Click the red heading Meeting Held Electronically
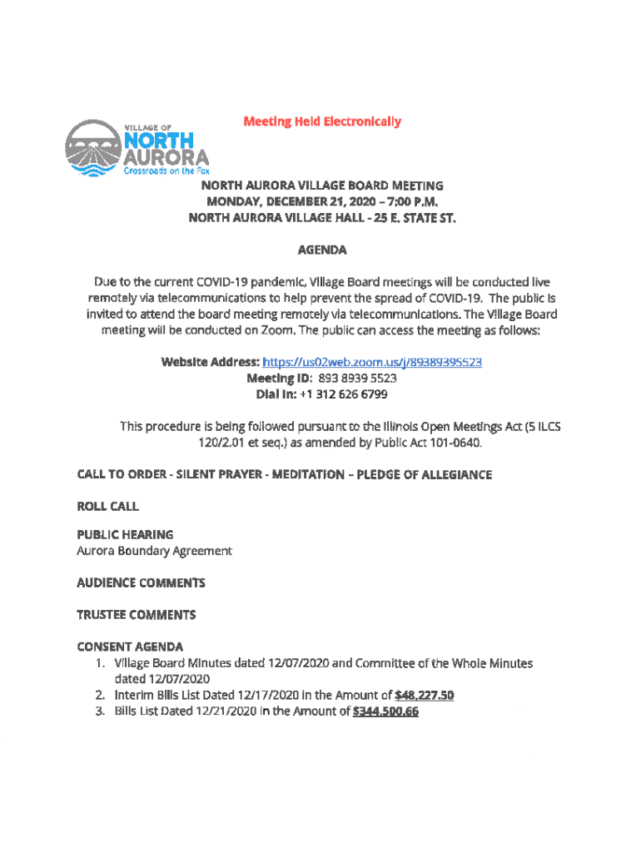[322, 121]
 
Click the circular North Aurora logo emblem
[93, 148]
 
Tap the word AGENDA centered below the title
[322, 250]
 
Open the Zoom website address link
[372, 363]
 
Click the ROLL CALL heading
[107, 506]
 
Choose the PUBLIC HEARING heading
[125, 535]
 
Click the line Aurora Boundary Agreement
[154, 551]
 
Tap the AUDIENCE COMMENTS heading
[141, 582]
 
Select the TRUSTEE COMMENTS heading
[137, 615]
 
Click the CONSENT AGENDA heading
[130, 646]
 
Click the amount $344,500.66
[385, 711]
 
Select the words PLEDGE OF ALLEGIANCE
[425, 474]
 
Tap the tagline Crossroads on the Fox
[166, 171]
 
